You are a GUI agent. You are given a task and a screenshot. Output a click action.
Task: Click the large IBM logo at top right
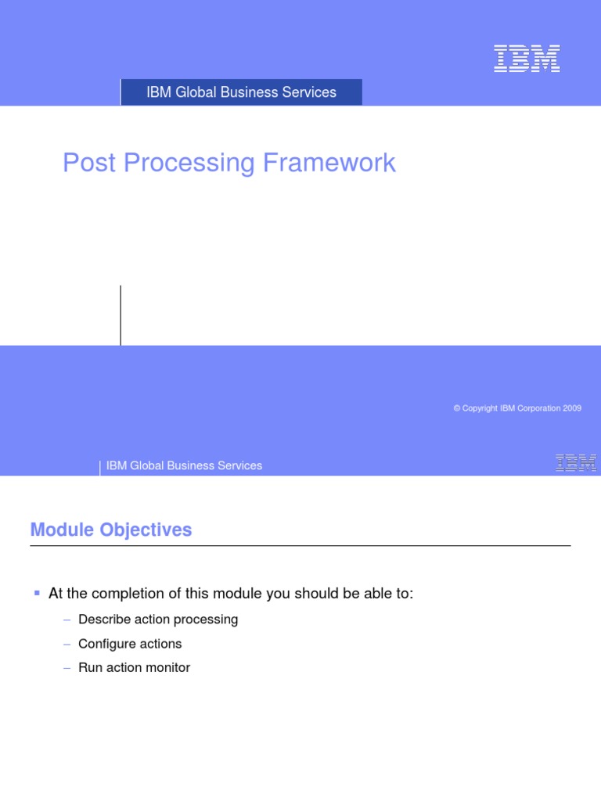pyautogui.click(x=527, y=59)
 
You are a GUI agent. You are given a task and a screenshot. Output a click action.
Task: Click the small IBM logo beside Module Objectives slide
pyautogui.click(x=576, y=463)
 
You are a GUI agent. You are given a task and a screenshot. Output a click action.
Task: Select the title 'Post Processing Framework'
pyautogui.click(x=229, y=163)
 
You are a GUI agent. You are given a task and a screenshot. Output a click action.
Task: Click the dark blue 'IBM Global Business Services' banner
pyautogui.click(x=241, y=92)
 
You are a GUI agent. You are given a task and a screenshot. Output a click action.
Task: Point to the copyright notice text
pyautogui.click(x=517, y=408)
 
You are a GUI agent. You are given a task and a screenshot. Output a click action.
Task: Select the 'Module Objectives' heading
pyautogui.click(x=111, y=530)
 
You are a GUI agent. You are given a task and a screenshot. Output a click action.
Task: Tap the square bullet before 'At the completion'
pyautogui.click(x=36, y=594)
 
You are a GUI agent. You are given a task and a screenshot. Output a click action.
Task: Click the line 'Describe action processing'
pyautogui.click(x=158, y=620)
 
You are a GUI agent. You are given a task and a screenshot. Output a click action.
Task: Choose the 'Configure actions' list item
pyautogui.click(x=130, y=644)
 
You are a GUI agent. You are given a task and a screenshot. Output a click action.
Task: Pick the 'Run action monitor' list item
pyautogui.click(x=134, y=668)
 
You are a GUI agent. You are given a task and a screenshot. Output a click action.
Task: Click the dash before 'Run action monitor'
pyautogui.click(x=67, y=668)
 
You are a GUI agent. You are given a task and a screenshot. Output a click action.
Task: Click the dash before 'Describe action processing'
pyautogui.click(x=67, y=620)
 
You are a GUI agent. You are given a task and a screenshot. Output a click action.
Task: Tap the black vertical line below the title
pyautogui.click(x=121, y=315)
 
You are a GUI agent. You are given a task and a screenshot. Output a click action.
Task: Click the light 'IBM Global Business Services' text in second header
pyautogui.click(x=184, y=465)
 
